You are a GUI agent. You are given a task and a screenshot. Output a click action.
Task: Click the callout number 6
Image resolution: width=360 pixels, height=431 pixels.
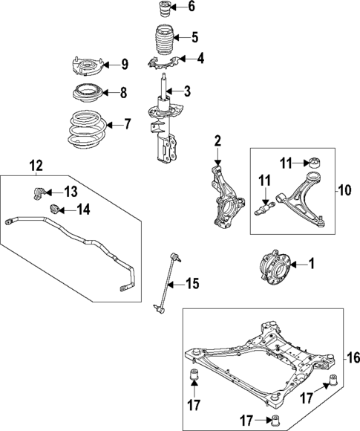[x=191, y=8]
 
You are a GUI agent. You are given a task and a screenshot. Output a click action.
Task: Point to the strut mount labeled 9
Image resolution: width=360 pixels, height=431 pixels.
[x=87, y=67]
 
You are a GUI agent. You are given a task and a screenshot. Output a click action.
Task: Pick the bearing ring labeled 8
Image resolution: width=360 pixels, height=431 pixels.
[x=86, y=94]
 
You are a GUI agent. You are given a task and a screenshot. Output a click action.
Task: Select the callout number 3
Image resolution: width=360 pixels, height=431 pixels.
[x=187, y=92]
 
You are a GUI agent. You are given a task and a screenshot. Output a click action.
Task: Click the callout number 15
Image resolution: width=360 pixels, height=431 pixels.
[x=192, y=282]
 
